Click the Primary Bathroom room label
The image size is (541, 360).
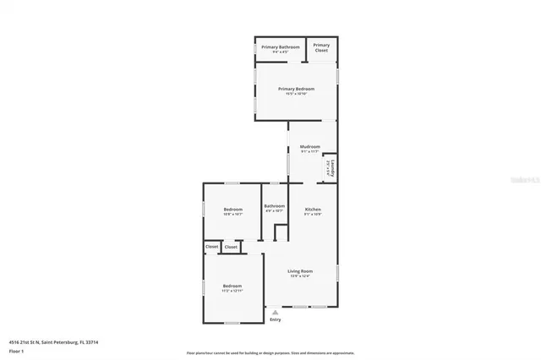coord(281,46)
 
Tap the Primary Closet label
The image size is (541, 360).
coord(321,48)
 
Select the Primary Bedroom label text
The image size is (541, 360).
coord(296,89)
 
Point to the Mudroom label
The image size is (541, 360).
coord(309,147)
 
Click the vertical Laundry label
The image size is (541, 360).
coord(334,168)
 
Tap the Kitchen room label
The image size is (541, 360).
coord(313,209)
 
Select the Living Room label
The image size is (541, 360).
coord(300,271)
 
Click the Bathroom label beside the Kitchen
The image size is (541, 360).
coord(274,205)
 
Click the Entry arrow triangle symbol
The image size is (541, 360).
coord(275,312)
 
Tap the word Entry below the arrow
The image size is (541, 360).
coord(275,319)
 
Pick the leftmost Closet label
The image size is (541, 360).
coord(211,247)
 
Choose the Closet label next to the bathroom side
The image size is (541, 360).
coord(231,247)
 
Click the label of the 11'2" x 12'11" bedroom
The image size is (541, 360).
coord(232,286)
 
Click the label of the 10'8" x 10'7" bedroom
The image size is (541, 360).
coord(232,209)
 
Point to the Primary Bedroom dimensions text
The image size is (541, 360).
coord(296,94)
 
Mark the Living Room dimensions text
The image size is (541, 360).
coord(300,276)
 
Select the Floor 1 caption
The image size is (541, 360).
coord(17,350)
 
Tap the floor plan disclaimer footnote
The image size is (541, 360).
coord(270,353)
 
